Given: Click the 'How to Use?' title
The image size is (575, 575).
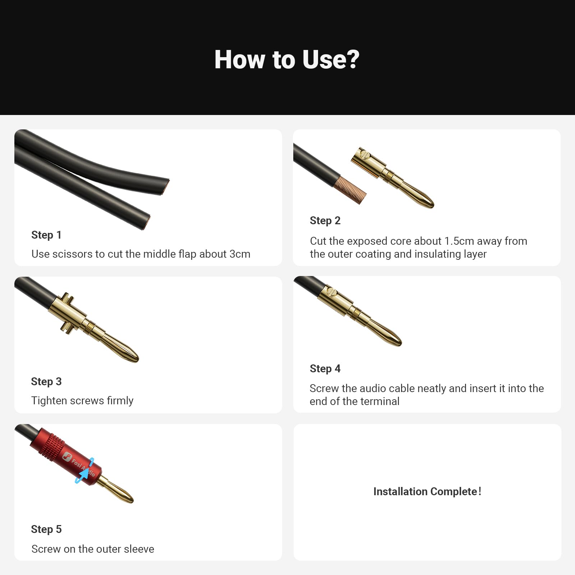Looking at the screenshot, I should tap(287, 60).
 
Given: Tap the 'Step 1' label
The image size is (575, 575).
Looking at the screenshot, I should tap(46, 235).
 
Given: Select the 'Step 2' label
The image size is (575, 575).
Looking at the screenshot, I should tap(325, 221).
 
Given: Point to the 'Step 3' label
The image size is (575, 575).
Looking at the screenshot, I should tap(46, 382).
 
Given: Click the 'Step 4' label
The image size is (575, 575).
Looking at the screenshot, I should tap(325, 369).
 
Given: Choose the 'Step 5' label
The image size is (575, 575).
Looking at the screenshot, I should tap(46, 529).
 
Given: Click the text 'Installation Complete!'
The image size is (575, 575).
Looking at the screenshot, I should tap(427, 492).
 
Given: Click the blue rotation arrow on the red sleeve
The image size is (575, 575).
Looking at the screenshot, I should tap(84, 471).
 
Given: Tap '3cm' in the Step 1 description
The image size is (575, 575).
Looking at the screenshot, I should tap(240, 254).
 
